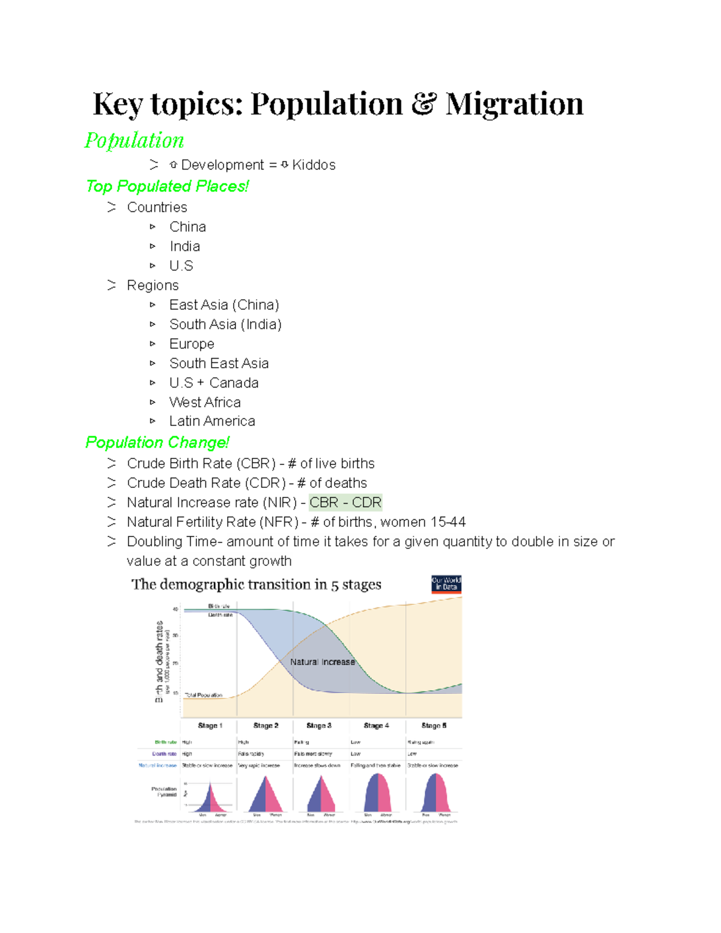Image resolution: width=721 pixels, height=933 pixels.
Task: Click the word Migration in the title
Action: pos(514,104)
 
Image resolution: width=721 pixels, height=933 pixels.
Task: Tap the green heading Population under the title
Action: pos(134,140)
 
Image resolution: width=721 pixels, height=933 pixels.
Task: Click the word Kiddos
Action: pos(314,165)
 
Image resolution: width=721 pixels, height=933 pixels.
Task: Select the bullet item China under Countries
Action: pos(187,227)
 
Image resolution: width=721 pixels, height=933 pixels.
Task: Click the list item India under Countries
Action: pos(184,246)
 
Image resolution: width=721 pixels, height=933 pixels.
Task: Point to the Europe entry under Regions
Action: pos(192,344)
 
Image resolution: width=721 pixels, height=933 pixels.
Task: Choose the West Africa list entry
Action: pos(205,403)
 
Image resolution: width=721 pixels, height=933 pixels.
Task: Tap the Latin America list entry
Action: pos(212,422)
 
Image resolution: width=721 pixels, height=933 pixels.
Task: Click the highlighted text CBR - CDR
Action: pos(345,503)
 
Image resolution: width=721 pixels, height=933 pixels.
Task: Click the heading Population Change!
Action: pos(157,443)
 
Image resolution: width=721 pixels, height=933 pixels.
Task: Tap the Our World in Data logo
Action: pos(446,583)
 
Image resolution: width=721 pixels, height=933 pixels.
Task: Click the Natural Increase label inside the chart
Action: pos(323,662)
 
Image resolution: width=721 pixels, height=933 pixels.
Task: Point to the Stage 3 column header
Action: pos(318,726)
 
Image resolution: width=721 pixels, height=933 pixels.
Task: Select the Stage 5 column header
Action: pos(434,726)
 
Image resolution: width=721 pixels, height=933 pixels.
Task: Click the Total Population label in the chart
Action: pos(203,695)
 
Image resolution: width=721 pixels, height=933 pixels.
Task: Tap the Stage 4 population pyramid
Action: pos(377,794)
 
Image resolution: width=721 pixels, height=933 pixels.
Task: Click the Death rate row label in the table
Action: pos(164,754)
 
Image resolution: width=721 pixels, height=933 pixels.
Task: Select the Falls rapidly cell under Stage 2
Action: pos(251,754)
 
